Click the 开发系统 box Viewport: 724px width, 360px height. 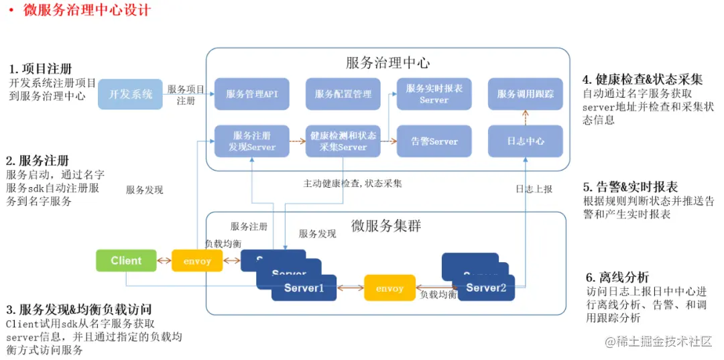coord(131,94)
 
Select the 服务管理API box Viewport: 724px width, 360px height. coord(252,94)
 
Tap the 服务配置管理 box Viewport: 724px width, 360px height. coord(343,94)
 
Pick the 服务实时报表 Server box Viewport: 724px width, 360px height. coord(434,94)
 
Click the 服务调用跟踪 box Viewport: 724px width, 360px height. coord(526,94)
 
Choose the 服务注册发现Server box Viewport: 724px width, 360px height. coord(252,141)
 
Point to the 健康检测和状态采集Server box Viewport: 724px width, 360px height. coord(343,141)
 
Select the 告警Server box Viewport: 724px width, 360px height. coord(434,141)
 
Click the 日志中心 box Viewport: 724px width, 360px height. coord(526,141)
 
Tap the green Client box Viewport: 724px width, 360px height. coord(126,261)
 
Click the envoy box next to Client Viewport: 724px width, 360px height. coord(197,261)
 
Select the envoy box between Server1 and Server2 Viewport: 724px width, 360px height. coord(389,288)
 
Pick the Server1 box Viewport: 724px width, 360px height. coord(304,288)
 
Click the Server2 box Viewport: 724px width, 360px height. coord(486,288)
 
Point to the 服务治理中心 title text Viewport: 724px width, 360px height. coord(387,63)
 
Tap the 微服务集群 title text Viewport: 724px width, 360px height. coord(386,225)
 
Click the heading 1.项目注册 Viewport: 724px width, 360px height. coord(40,69)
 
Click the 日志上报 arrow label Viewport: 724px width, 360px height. coord(534,190)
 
